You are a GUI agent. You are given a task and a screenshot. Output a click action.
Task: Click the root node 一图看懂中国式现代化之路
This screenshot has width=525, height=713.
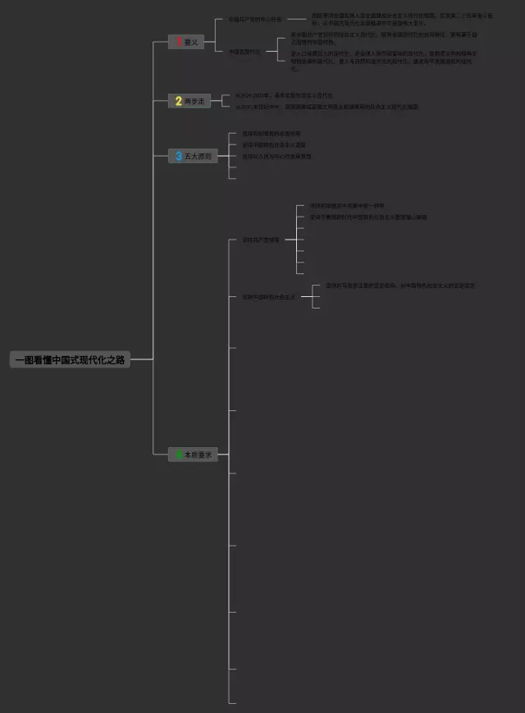70,359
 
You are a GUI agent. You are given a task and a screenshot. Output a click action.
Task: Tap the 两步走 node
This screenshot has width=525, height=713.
190,101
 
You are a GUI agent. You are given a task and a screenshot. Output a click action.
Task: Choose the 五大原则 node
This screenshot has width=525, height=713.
193,156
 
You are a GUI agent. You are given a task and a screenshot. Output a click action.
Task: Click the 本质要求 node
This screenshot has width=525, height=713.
194,454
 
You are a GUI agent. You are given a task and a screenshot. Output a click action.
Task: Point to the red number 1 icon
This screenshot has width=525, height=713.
178,42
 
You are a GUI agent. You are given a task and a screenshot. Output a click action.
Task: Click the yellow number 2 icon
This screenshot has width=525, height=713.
178,101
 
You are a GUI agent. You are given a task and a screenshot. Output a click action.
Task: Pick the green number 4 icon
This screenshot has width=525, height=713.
178,454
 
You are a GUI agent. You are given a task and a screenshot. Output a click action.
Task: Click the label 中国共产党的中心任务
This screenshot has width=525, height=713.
254,19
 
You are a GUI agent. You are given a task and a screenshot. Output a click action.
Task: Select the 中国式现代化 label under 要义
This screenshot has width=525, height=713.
244,51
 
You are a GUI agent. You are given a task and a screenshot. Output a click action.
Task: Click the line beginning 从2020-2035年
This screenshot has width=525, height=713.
284,96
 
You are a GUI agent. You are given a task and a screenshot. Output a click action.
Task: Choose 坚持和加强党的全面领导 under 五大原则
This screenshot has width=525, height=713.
271,134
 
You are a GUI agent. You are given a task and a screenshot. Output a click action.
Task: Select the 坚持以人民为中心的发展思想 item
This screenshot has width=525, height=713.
276,156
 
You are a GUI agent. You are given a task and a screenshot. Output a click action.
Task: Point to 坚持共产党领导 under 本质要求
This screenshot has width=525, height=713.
260,240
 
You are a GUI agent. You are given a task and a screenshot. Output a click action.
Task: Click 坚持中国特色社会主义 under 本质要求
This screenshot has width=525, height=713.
268,296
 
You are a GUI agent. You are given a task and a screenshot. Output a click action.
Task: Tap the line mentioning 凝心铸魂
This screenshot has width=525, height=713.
367,217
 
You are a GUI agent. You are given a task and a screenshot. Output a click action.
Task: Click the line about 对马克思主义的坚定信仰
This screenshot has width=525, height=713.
399,286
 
